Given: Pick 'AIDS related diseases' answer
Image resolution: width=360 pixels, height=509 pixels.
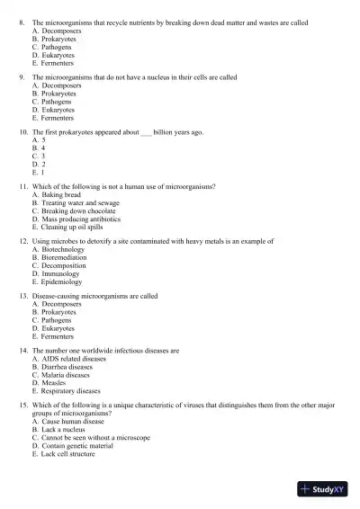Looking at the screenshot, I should (x=74, y=358).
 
